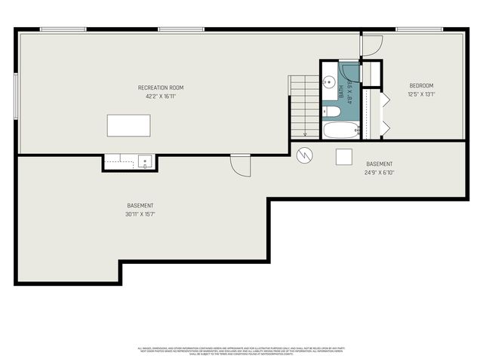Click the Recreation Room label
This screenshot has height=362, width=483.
coord(160,87)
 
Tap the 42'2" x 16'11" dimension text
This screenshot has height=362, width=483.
coord(160,96)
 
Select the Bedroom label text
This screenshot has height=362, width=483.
coord(421,85)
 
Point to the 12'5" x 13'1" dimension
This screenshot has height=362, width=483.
coord(421,94)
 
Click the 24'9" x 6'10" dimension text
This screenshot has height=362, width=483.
coord(378,172)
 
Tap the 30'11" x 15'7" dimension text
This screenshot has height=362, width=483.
coord(140,214)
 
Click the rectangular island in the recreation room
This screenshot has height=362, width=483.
coord(128,125)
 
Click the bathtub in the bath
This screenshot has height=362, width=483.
coord(341,131)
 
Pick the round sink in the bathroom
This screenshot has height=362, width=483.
coord(329,83)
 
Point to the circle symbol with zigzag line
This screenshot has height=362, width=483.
coord(304,155)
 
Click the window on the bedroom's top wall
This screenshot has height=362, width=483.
coord(419,29)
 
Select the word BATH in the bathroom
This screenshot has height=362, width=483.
coord(340,92)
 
